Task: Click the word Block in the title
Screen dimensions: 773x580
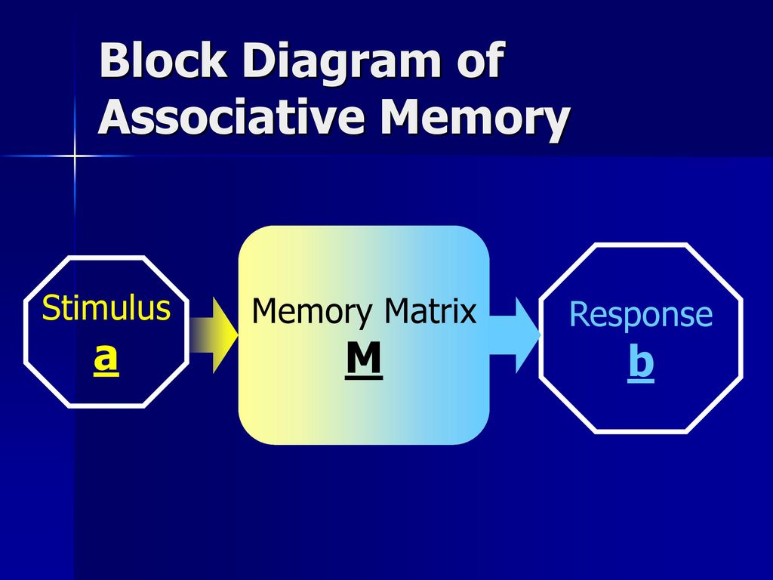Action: click(x=163, y=60)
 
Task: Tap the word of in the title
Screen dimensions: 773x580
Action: click(x=481, y=60)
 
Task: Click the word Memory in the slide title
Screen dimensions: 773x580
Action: click(x=476, y=121)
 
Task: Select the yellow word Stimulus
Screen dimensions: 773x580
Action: click(x=106, y=308)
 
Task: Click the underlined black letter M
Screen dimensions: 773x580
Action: click(x=364, y=359)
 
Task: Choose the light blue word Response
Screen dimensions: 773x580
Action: click(x=641, y=316)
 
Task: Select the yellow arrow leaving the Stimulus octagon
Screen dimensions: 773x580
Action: click(x=214, y=335)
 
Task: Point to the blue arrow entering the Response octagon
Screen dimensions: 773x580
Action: click(x=515, y=335)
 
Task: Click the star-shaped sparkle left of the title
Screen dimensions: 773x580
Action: click(x=75, y=156)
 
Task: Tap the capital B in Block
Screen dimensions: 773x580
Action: click(x=114, y=60)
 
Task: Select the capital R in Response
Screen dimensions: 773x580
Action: click(x=579, y=314)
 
